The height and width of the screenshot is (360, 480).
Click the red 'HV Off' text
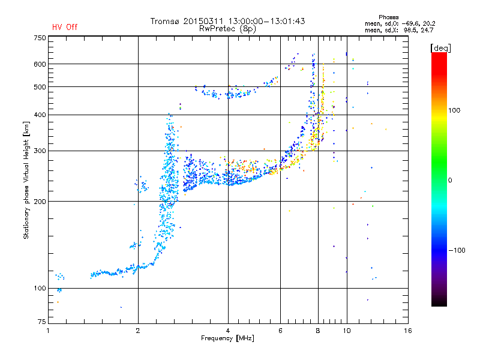tap(64, 27)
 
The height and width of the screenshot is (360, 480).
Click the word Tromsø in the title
tap(166, 21)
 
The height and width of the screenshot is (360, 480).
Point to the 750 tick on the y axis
tap(40, 38)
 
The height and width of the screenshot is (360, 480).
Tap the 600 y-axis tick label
tap(40, 64)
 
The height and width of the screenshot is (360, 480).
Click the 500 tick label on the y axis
tap(40, 86)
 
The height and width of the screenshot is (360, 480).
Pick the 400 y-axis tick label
tap(40, 115)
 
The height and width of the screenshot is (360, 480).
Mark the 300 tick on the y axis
tap(40, 151)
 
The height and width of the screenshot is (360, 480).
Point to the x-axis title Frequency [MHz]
tap(227, 338)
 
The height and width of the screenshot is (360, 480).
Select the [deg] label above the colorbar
tap(440, 47)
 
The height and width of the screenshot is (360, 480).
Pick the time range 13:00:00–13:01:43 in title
tap(267, 21)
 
